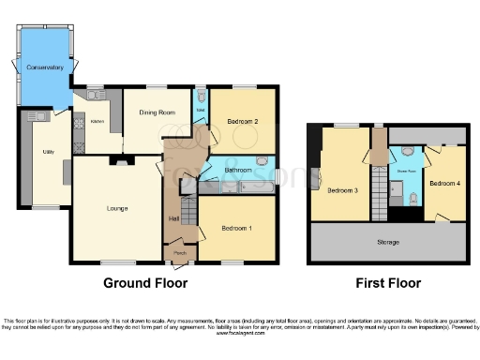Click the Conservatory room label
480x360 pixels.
44,67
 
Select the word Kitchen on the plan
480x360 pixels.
96,121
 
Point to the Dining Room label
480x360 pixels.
157,112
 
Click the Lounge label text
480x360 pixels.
116,207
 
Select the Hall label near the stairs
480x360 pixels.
173,218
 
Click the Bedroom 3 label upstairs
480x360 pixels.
342,190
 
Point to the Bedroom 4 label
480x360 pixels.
444,184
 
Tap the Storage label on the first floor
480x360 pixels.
388,242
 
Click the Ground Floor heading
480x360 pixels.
145,282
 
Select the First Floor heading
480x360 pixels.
388,282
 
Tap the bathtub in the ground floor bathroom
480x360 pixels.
249,187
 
